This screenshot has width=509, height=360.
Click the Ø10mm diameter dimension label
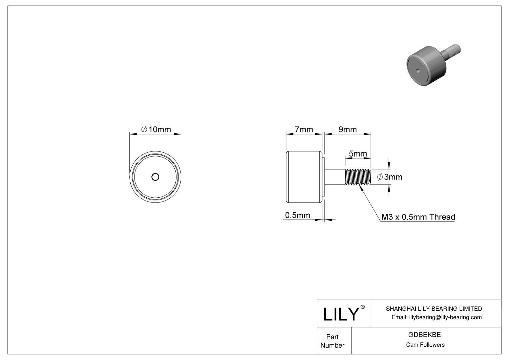156,130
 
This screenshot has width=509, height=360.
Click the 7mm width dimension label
304,130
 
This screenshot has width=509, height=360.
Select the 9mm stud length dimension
348,130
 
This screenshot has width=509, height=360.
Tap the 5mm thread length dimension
358,154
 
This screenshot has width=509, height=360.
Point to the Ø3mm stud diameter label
390,177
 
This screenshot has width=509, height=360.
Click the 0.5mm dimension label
298,215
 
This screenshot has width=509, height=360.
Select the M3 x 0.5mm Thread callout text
418,217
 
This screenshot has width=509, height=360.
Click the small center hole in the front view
155,177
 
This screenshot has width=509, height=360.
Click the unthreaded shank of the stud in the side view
335,177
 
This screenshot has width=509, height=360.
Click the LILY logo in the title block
341,314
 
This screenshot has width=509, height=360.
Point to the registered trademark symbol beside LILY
363,307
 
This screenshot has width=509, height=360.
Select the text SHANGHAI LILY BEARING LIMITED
434,309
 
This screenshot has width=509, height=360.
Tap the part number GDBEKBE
424,335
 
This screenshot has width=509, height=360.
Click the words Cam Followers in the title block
425,345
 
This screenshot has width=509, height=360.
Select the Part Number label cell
332,341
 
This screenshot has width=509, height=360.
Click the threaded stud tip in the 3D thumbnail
455,49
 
